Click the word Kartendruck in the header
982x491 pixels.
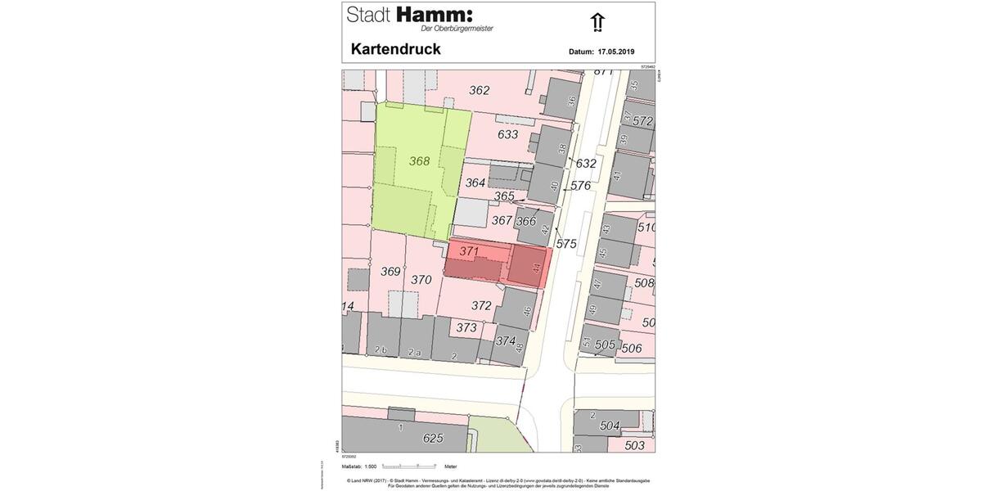click(x=395, y=49)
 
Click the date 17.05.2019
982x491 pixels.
click(x=616, y=52)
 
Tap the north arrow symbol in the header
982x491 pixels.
click(x=597, y=23)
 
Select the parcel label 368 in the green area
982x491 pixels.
click(x=419, y=161)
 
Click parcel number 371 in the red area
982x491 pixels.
click(x=469, y=251)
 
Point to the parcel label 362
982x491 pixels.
click(x=479, y=90)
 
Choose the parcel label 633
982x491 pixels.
click(x=507, y=134)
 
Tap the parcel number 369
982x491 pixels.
click(x=390, y=272)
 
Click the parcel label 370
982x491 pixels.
click(x=421, y=280)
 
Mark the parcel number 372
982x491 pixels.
click(x=481, y=306)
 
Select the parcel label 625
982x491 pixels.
click(x=433, y=438)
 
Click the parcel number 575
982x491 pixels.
click(x=566, y=244)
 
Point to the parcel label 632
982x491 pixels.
click(x=586, y=164)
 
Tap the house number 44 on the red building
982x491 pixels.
click(x=536, y=268)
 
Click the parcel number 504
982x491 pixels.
click(x=610, y=426)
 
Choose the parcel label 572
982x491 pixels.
click(x=643, y=121)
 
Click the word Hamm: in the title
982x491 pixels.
click(x=435, y=15)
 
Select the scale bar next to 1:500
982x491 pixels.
click(x=409, y=466)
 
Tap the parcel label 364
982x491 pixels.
click(x=475, y=183)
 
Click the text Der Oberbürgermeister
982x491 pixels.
click(x=462, y=29)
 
